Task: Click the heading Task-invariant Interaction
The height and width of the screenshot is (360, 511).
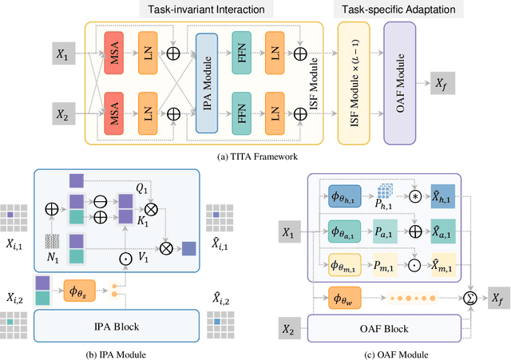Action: coord(207,10)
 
